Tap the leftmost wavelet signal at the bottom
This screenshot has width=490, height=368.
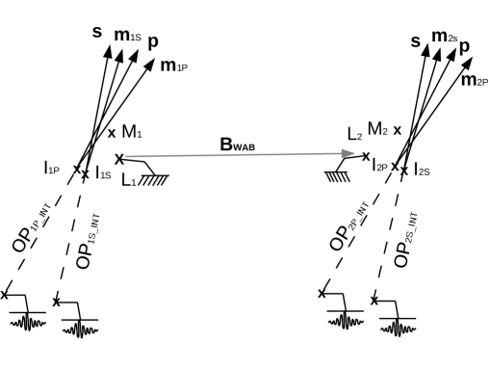(x=29, y=321)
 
